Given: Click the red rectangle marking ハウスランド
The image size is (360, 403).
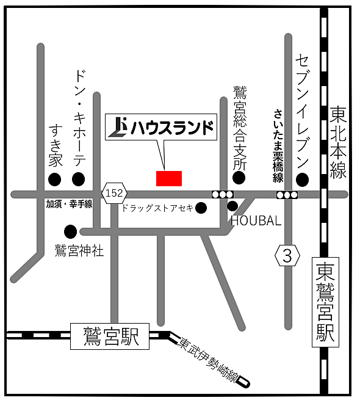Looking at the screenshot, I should [x=169, y=178].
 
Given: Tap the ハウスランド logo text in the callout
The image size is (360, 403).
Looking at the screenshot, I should [x=162, y=128].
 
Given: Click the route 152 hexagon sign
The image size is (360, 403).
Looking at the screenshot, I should [x=113, y=194].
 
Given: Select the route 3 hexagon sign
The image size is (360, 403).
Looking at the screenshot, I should [x=287, y=255].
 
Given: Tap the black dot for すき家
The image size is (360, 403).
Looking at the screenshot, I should [x=55, y=179].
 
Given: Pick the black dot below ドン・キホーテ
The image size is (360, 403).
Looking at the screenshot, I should [x=78, y=179].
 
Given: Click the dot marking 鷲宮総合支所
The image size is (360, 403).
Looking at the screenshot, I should [x=239, y=178].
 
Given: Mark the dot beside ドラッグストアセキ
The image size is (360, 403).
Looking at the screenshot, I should [x=201, y=208].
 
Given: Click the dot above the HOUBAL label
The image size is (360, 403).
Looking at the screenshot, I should [x=232, y=206].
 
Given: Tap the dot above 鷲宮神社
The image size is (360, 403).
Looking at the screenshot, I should [x=71, y=231].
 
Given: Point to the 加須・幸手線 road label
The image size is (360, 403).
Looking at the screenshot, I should [x=69, y=205].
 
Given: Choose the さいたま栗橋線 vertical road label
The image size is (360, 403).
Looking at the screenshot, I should [x=278, y=145].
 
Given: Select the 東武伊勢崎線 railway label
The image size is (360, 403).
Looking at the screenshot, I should [x=207, y=360].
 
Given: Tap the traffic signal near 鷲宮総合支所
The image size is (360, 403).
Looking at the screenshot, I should [x=222, y=194].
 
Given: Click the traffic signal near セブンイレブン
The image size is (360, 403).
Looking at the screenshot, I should [x=287, y=195].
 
